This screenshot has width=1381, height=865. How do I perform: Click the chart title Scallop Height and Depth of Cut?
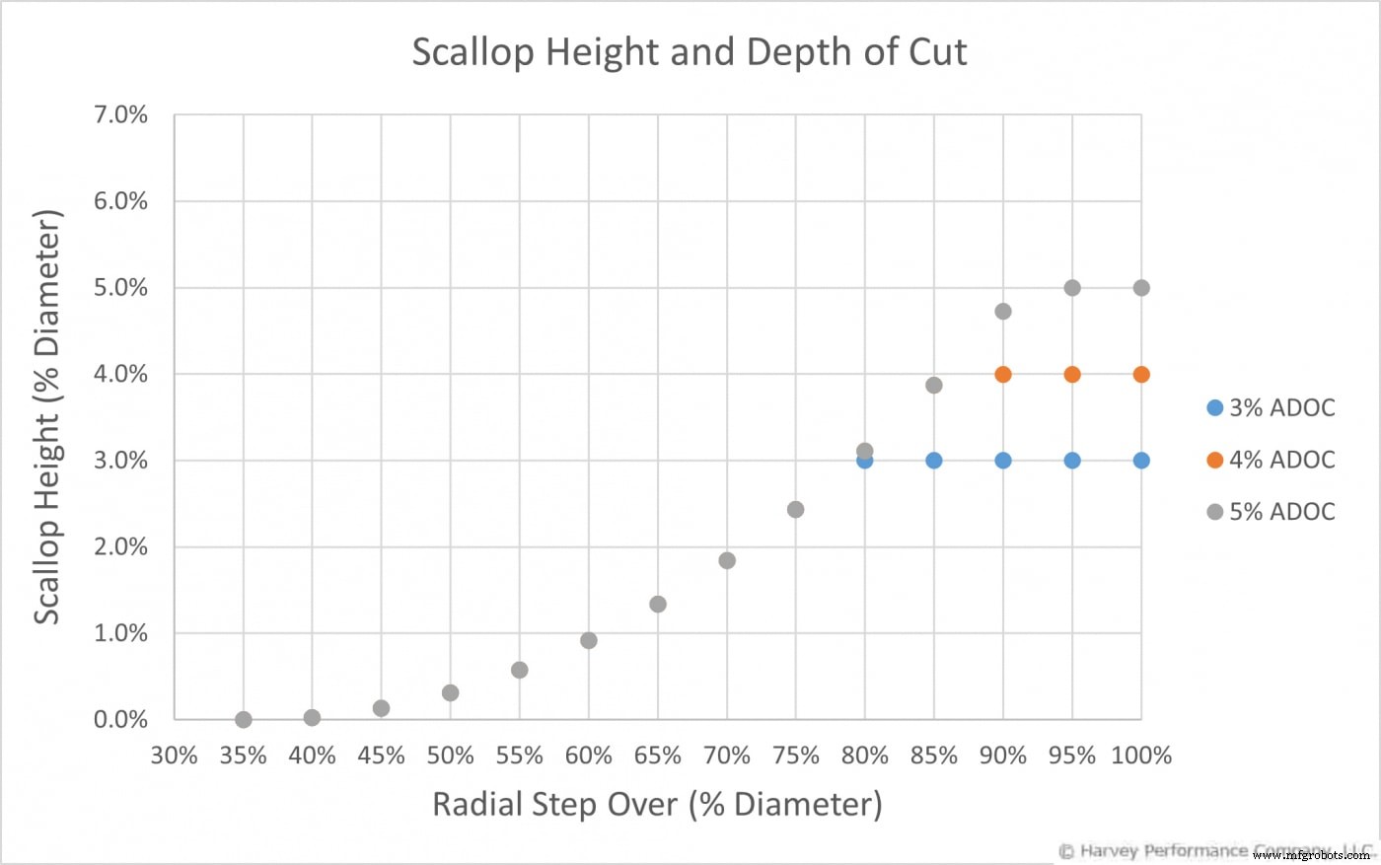pos(689,52)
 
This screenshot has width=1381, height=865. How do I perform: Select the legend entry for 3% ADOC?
pos(1271,407)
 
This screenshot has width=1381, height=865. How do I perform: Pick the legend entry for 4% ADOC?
pos(1271,460)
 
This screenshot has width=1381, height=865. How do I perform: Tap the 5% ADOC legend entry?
pos(1271,512)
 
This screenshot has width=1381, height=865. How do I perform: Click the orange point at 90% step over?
pos(1003,374)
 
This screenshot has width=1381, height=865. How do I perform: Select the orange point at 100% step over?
pos(1141,374)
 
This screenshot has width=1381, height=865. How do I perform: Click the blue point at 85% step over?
pos(934,461)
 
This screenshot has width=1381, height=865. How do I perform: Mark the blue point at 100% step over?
pos(1141,461)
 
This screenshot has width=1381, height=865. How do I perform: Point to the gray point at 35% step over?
pos(244,720)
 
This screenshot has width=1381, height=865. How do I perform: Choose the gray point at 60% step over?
pos(589,640)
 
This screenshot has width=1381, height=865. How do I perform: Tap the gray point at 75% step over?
pos(796,510)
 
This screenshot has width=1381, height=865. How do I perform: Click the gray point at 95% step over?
pos(1072,288)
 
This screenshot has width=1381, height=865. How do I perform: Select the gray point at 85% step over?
pos(934,385)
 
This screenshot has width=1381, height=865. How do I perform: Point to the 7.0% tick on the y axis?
pos(120,115)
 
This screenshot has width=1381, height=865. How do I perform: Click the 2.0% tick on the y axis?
pos(120,547)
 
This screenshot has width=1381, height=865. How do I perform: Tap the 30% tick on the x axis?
pos(175,756)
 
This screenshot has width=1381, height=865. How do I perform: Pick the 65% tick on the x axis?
pos(658,756)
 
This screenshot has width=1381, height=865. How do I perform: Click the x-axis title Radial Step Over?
pos(657,804)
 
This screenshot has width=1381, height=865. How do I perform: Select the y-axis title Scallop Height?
pos(47,417)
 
